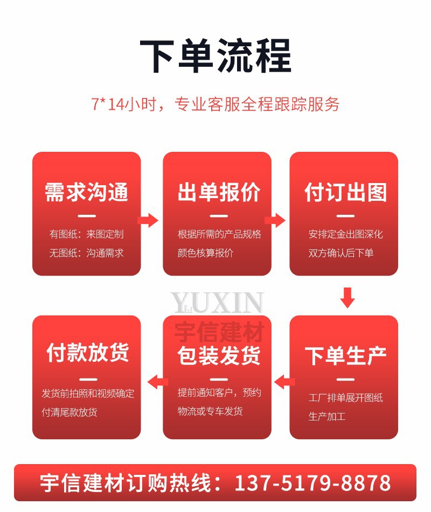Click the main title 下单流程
[x=215, y=56]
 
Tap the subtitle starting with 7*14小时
[x=215, y=104]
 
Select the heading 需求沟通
[x=87, y=192]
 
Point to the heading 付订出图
[x=345, y=192]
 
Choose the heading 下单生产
[x=345, y=356]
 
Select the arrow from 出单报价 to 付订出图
[x=275, y=220]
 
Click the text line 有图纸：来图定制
[x=87, y=234]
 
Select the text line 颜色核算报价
[x=205, y=253]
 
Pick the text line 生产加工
[x=327, y=416]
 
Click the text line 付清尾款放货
[x=69, y=412]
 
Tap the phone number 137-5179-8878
[x=312, y=482]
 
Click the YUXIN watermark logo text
[x=217, y=303]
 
